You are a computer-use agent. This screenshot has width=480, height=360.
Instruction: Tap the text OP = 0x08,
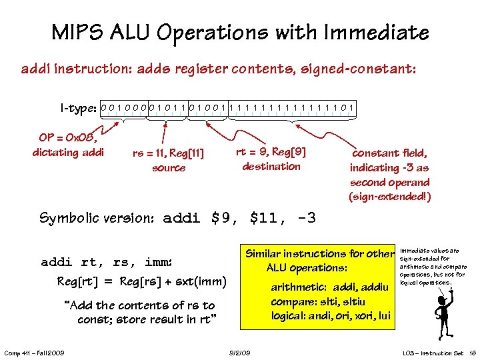(x=68, y=138)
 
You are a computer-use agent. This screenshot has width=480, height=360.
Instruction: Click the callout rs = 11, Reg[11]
(x=168, y=154)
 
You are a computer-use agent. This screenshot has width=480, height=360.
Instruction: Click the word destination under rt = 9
(x=271, y=166)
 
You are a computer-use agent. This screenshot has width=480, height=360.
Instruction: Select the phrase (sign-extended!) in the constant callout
(x=389, y=197)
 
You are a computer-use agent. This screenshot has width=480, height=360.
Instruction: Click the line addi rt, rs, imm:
(x=107, y=261)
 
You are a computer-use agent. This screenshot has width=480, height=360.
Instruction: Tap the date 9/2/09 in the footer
(x=239, y=353)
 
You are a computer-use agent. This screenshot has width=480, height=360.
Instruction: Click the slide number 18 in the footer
(x=471, y=353)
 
